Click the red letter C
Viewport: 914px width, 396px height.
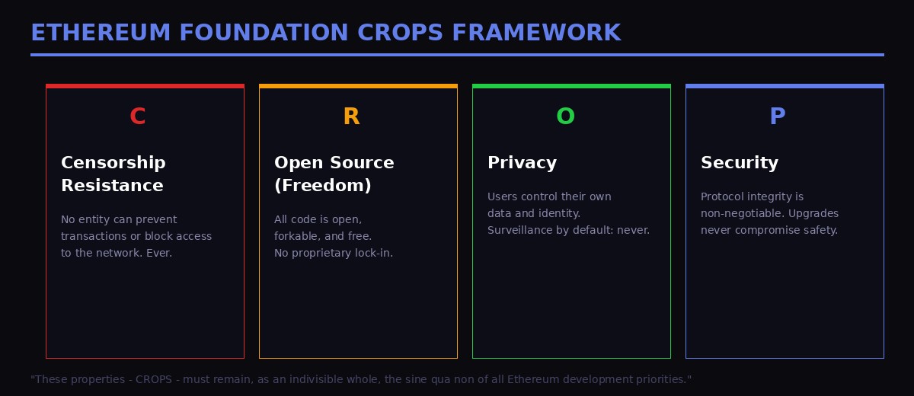click(137, 117)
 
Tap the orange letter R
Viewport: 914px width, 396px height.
click(350, 117)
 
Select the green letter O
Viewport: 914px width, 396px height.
click(565, 117)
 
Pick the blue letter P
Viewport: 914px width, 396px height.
click(777, 117)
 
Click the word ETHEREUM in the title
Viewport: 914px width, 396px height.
click(101, 33)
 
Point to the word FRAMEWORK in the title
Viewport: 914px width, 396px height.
click(536, 33)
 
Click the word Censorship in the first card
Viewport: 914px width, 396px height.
click(113, 163)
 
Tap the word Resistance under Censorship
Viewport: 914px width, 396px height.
click(112, 186)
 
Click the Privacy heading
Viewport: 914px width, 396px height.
click(522, 163)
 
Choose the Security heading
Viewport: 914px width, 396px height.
click(739, 163)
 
